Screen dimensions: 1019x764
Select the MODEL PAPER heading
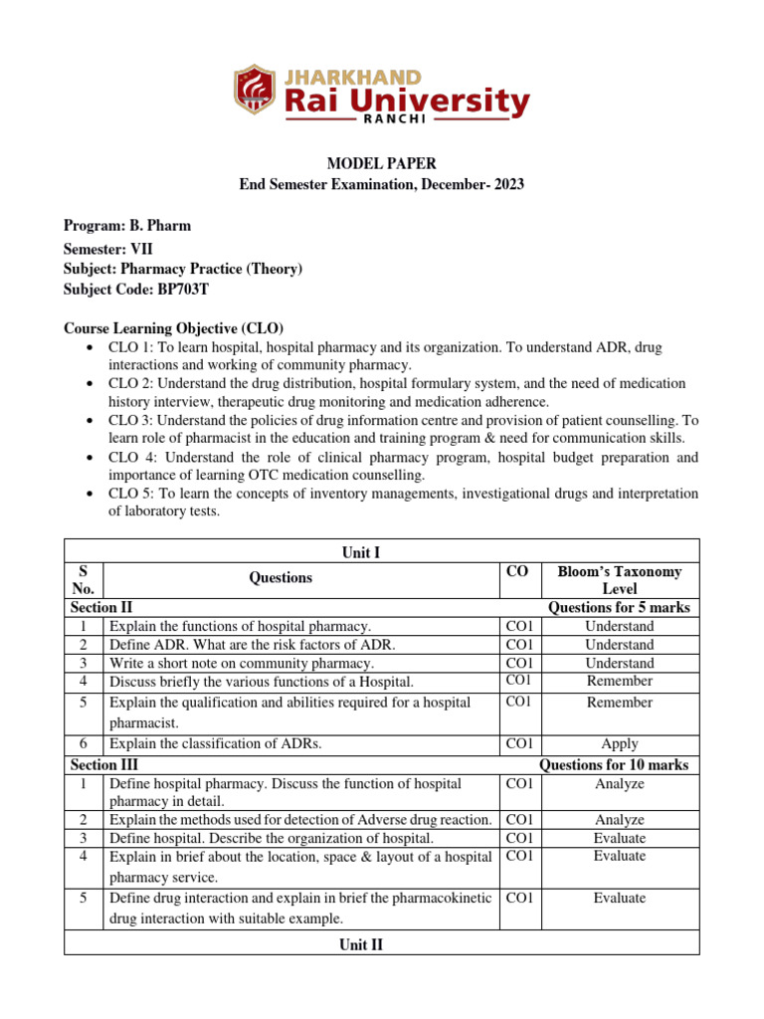[382, 163]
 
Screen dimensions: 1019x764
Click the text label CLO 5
[130, 494]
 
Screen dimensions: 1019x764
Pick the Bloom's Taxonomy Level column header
[619, 580]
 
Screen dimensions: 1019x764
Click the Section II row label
[102, 607]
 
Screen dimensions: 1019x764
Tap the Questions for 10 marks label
[613, 765]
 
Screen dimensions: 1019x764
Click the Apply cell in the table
[619, 743]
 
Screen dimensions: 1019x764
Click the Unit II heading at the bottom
[362, 943]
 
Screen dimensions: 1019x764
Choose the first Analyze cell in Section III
[619, 784]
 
